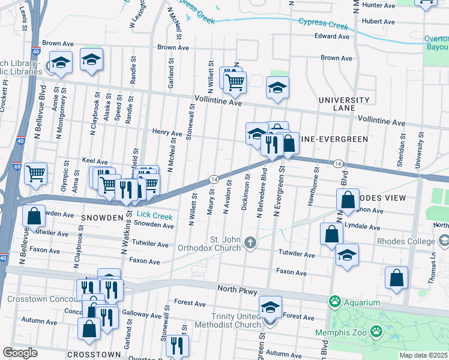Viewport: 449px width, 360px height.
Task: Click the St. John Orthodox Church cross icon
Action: pos(250,243)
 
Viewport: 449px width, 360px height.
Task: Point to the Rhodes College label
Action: pos(405,242)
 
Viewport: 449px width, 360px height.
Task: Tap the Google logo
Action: pos(20,353)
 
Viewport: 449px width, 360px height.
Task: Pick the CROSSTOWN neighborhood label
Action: pos(89,355)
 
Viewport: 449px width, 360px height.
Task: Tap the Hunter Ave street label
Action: pos(379,5)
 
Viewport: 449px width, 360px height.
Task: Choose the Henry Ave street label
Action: pos(166,133)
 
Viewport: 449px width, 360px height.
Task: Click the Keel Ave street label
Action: pos(95,162)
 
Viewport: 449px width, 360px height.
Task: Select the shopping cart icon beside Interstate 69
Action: pos(36,173)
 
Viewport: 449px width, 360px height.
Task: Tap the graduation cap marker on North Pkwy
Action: pos(271,308)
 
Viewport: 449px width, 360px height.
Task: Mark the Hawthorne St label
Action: pos(312,191)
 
